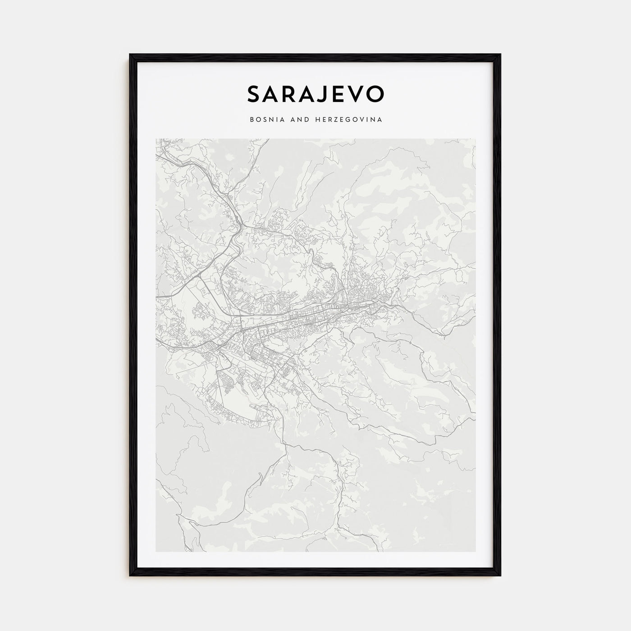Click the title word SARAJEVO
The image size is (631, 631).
tap(315, 93)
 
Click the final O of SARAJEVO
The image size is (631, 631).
tap(375, 93)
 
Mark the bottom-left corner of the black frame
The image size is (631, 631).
tap(130, 576)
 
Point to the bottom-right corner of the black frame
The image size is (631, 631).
tap(500, 576)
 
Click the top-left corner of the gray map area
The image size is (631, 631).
tap(155, 139)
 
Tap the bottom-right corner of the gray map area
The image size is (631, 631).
tap(476, 552)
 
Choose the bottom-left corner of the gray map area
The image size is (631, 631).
tap(155, 552)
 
